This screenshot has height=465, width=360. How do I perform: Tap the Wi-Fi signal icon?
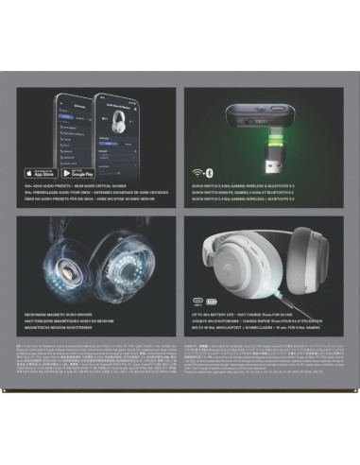click(198, 172)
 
